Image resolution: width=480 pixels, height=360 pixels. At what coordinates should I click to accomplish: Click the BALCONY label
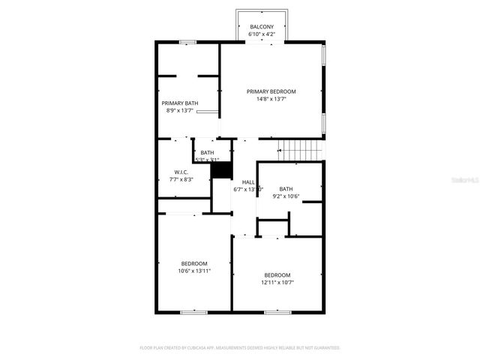(262, 27)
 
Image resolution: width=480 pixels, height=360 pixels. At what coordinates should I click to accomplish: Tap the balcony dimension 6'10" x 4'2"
(262, 34)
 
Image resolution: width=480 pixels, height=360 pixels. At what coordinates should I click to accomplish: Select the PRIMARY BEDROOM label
(271, 91)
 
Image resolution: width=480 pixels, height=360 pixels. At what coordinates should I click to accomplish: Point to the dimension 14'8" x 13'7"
(271, 99)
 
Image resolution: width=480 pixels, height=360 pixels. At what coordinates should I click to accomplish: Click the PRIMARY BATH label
(180, 103)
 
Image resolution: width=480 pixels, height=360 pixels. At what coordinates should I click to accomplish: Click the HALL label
(247, 182)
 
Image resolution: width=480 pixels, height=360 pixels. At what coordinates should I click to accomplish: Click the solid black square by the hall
(220, 170)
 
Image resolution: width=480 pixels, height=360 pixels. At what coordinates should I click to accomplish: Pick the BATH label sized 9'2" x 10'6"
(286, 189)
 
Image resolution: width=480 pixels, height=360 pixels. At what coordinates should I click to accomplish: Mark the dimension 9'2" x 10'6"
(286, 196)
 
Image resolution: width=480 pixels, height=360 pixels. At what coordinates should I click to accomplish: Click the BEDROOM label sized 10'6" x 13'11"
(194, 263)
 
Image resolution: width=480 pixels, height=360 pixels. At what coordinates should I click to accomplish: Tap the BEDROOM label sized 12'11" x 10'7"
(277, 275)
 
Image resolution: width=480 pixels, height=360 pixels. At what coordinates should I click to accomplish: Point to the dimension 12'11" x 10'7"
(277, 283)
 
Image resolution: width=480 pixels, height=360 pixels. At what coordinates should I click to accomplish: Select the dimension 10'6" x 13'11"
(194, 271)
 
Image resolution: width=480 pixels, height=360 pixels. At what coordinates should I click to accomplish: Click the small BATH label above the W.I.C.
(206, 153)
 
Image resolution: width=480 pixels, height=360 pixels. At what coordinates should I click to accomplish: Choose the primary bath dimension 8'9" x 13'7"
(180, 110)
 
